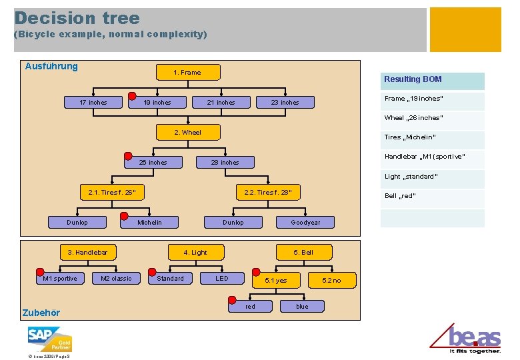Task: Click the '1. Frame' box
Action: tap(187, 72)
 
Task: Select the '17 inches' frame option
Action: tap(93, 102)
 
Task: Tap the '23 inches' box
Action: tap(285, 102)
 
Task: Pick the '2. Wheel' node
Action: tap(187, 132)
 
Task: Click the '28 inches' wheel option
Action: tap(225, 162)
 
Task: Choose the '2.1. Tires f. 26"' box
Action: tap(111, 193)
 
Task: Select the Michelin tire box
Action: tap(149, 222)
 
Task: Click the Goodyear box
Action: tap(305, 222)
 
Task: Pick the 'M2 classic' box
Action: tap(116, 278)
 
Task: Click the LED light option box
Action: tap(222, 278)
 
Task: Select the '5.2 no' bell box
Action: tap(331, 280)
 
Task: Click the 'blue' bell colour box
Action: tap(302, 306)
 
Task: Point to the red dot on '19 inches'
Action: tap(132, 95)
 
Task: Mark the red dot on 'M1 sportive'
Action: tap(40, 272)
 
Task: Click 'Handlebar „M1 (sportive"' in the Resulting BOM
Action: tap(425, 157)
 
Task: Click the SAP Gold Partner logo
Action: tap(49, 338)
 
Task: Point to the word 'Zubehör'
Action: tap(41, 313)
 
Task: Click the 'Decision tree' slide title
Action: tap(77, 18)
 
